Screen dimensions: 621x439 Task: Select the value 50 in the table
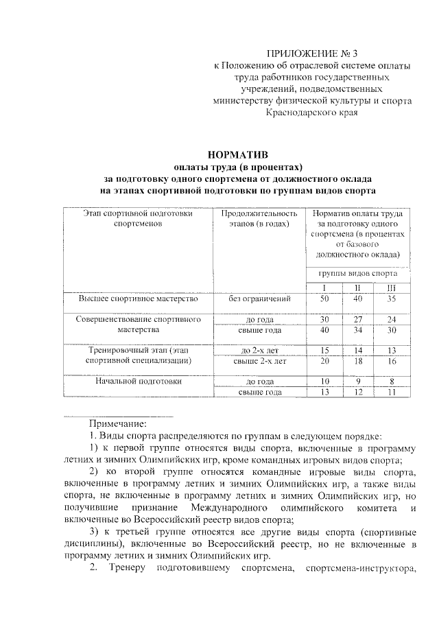click(x=324, y=299)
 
